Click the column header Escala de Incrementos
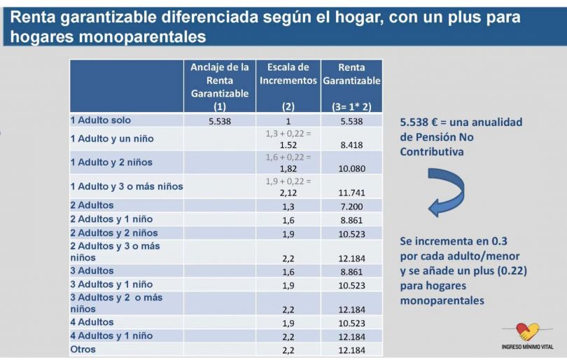288,74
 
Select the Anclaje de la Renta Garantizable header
220,81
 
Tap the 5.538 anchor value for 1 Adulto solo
220,121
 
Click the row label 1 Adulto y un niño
112,139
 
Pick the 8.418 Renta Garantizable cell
351,144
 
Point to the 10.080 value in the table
351,168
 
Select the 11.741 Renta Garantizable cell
351,192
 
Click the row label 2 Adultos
92,205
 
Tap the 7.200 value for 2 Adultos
351,206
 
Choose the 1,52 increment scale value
288,144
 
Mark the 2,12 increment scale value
288,192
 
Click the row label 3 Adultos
92,270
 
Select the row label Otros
83,349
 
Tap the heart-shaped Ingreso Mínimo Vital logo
528,331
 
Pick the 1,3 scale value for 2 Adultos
288,206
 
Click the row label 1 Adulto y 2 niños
111,162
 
